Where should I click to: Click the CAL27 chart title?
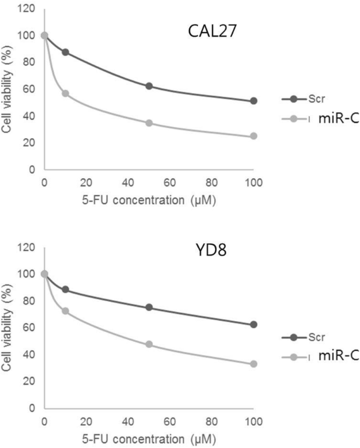point(212,31)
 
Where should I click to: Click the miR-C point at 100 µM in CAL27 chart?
point(254,136)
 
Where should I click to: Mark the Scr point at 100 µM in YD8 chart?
point(254,324)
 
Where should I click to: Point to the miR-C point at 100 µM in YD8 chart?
point(254,364)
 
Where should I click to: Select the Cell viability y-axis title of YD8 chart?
point(7,327)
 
